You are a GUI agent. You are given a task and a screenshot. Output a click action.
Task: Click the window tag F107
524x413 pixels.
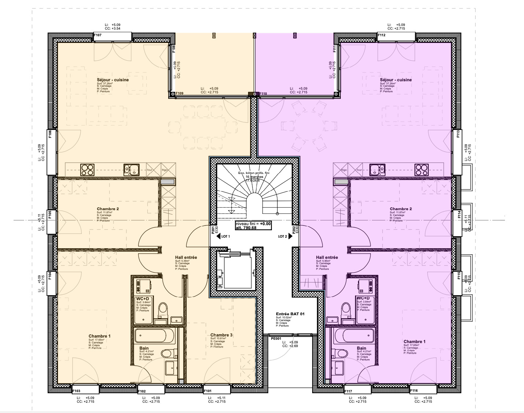coord(97,36)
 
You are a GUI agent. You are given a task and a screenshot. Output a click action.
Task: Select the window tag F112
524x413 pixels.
coord(381,36)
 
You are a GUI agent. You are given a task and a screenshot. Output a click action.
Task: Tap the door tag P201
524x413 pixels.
coord(213,230)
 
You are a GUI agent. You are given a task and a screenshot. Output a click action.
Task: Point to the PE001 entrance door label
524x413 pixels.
coord(276,339)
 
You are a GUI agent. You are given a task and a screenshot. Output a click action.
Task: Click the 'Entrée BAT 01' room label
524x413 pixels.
coord(290,314)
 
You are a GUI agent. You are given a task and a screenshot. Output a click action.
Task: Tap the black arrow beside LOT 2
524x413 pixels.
coord(291,237)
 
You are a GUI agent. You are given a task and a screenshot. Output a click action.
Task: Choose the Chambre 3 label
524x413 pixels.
coord(221,335)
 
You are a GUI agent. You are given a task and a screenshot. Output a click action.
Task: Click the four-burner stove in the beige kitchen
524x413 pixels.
coord(87,170)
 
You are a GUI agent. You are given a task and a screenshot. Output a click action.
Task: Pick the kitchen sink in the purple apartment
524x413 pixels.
coord(377,170)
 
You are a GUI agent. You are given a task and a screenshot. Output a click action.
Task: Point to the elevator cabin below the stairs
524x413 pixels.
coord(235,271)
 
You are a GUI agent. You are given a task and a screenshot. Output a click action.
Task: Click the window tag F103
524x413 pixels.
coord(76,391)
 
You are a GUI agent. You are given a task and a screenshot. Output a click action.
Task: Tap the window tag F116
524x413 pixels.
coord(414,391)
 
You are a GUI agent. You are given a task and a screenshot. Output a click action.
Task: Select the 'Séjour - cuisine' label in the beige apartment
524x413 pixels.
coord(112,80)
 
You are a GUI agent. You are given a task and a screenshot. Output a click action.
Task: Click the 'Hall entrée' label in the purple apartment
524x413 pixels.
coord(327,257)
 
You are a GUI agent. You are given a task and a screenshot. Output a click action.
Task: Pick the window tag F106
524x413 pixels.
coord(51,135)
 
